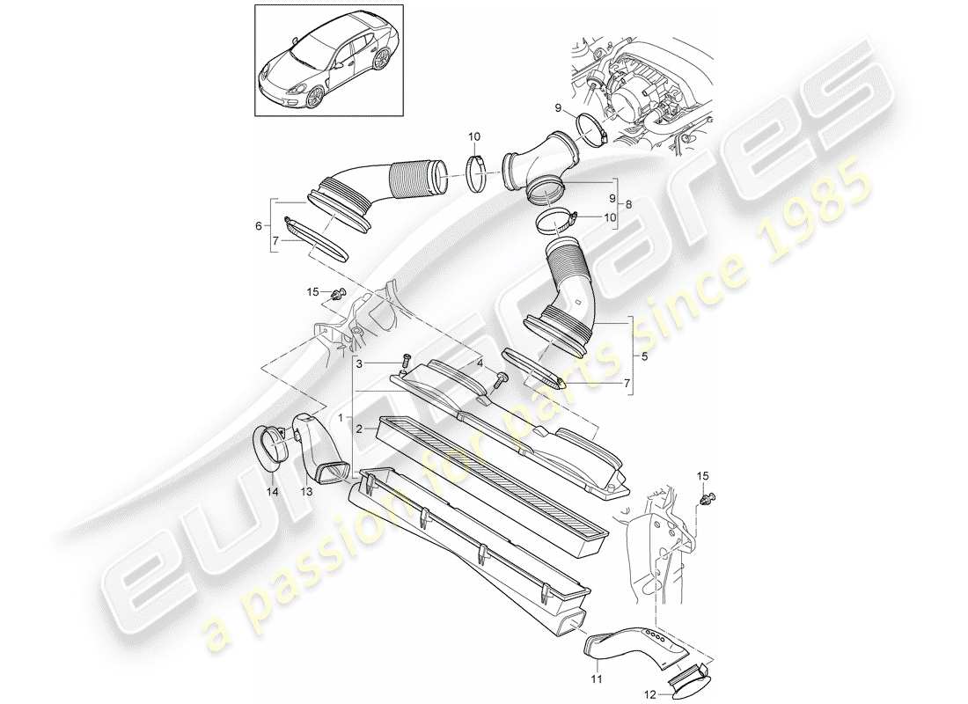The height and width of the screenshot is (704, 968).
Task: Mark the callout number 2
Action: pyautogui.click(x=359, y=429)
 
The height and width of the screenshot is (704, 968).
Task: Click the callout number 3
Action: pyautogui.click(x=360, y=363)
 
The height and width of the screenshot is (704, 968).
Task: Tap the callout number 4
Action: pyautogui.click(x=480, y=363)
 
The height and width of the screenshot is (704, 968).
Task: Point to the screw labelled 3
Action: pyautogui.click(x=406, y=361)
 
